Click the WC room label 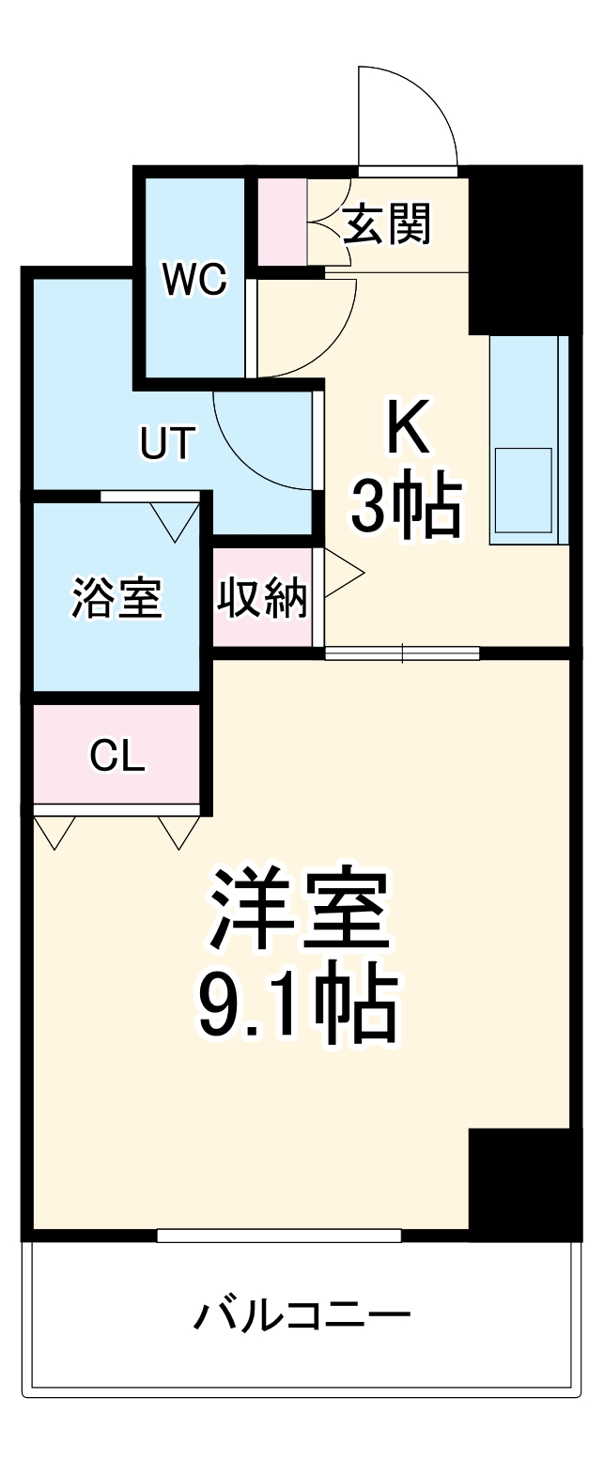[x=194, y=279]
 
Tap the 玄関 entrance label [x=386, y=224]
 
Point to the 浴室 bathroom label [x=117, y=598]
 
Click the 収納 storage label [x=263, y=598]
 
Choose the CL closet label [x=117, y=755]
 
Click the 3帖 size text [x=407, y=507]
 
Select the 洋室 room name [x=299, y=909]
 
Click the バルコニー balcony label [x=302, y=1313]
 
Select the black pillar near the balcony [x=523, y=1181]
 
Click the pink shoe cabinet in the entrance [x=282, y=221]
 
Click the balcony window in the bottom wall [x=279, y=1236]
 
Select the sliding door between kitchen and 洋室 [x=402, y=653]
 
